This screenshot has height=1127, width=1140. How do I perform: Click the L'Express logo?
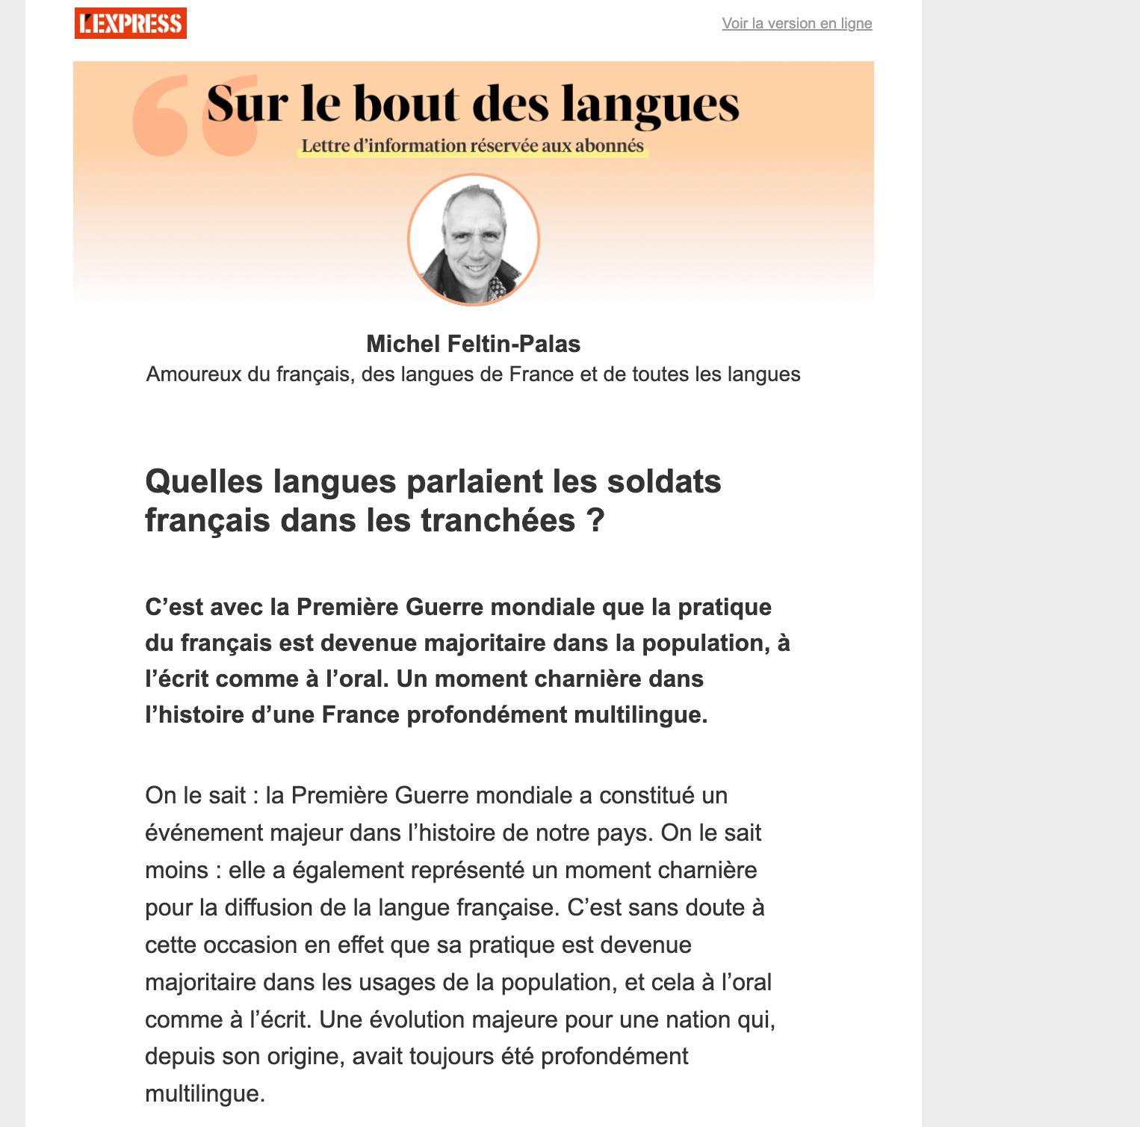tap(131, 23)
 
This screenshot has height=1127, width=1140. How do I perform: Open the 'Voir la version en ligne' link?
tap(796, 23)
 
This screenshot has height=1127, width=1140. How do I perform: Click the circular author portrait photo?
tap(474, 240)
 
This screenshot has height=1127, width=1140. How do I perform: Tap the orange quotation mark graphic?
tap(194, 116)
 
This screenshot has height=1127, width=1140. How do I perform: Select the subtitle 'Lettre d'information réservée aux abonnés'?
tap(473, 146)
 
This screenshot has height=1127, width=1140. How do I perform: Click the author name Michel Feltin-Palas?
tap(473, 344)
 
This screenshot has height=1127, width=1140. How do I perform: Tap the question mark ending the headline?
tap(595, 520)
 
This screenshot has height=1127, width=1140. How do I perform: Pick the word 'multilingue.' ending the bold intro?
tap(640, 714)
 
